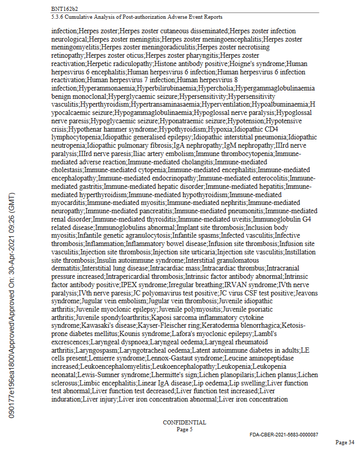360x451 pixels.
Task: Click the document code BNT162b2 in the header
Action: coord(64,9)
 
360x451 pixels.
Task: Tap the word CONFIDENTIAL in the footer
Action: coord(184,422)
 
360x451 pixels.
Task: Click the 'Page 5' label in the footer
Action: coord(184,429)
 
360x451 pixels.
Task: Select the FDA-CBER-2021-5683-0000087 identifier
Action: coord(284,434)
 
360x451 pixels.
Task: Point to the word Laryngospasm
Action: coord(73,350)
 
